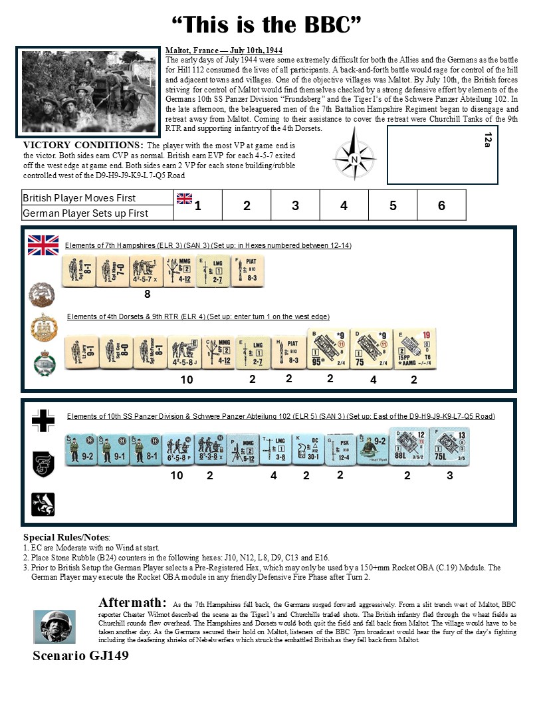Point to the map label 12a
488,139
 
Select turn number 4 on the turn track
344,205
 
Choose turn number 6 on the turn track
441,205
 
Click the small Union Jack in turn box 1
184,198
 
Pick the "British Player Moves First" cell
97,197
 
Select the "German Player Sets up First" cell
97,213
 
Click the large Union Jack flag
43,245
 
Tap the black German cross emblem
43,421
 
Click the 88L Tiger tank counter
408,446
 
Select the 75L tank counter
449,446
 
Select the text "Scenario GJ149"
80,655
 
